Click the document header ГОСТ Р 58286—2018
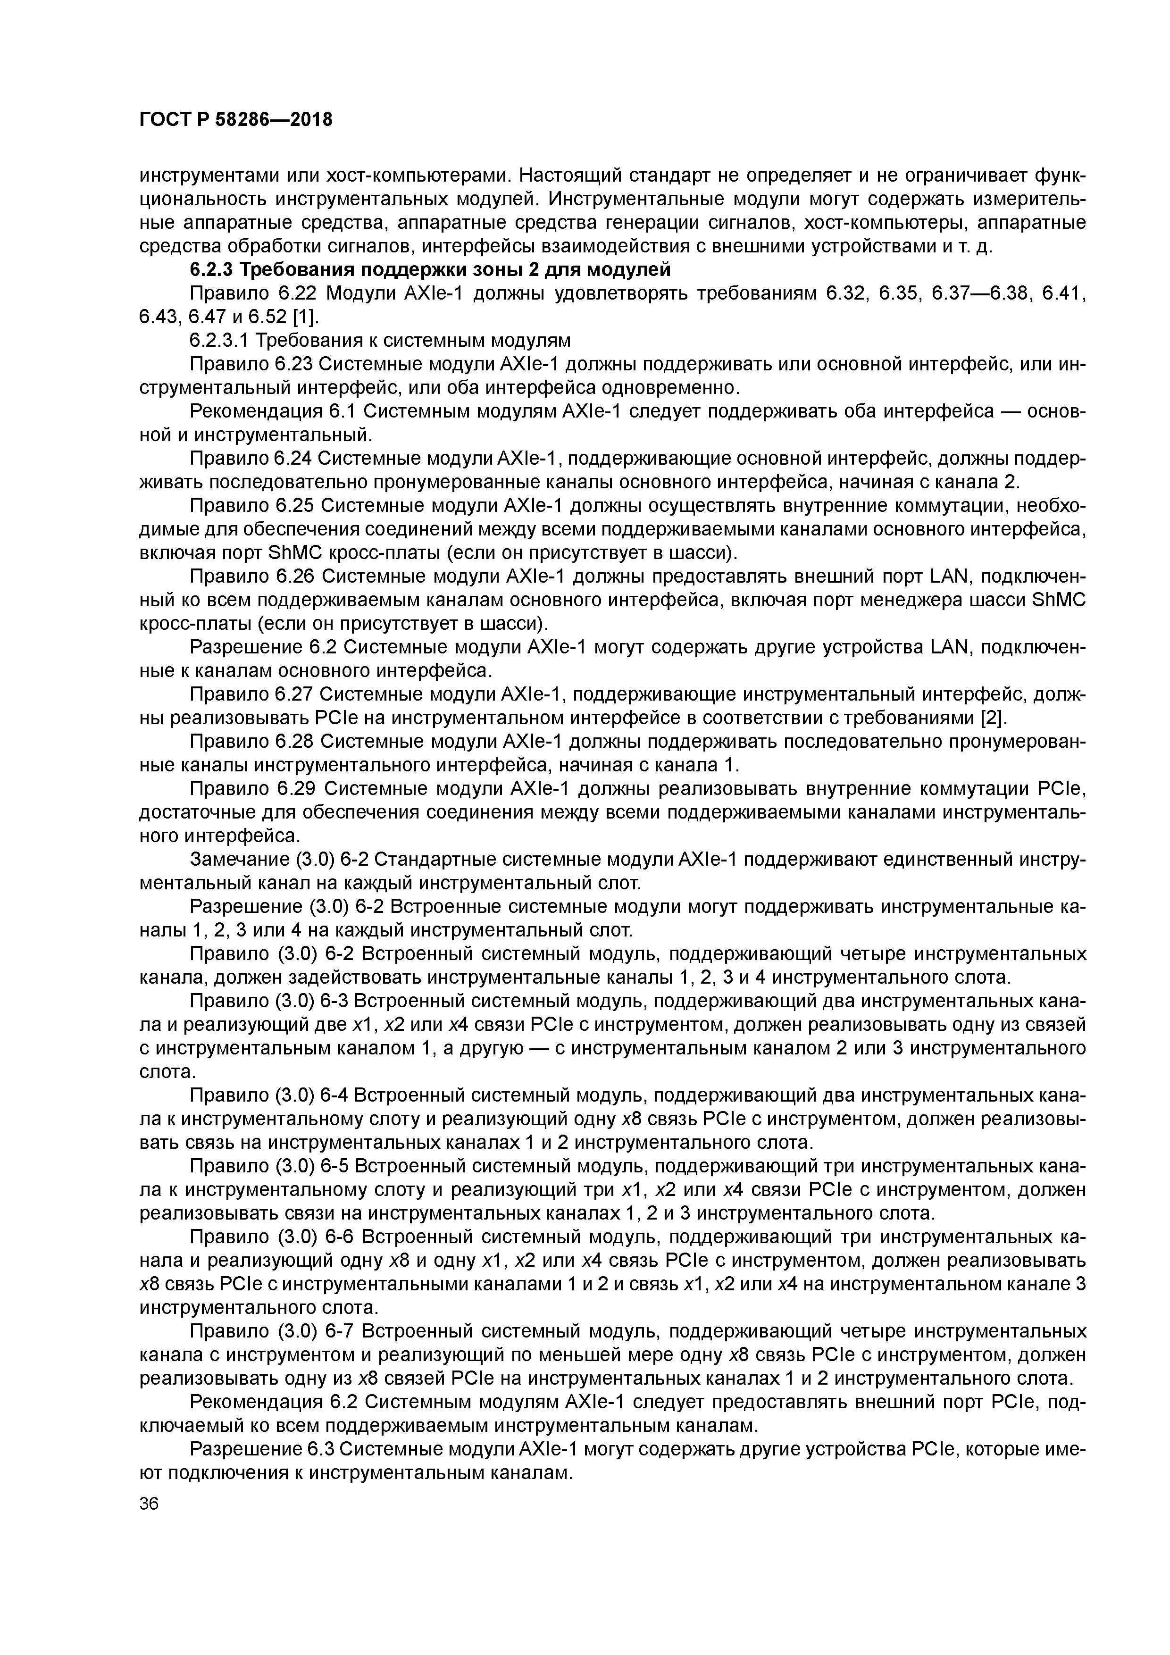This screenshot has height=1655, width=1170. [236, 119]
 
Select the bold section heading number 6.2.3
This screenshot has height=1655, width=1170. [212, 270]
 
